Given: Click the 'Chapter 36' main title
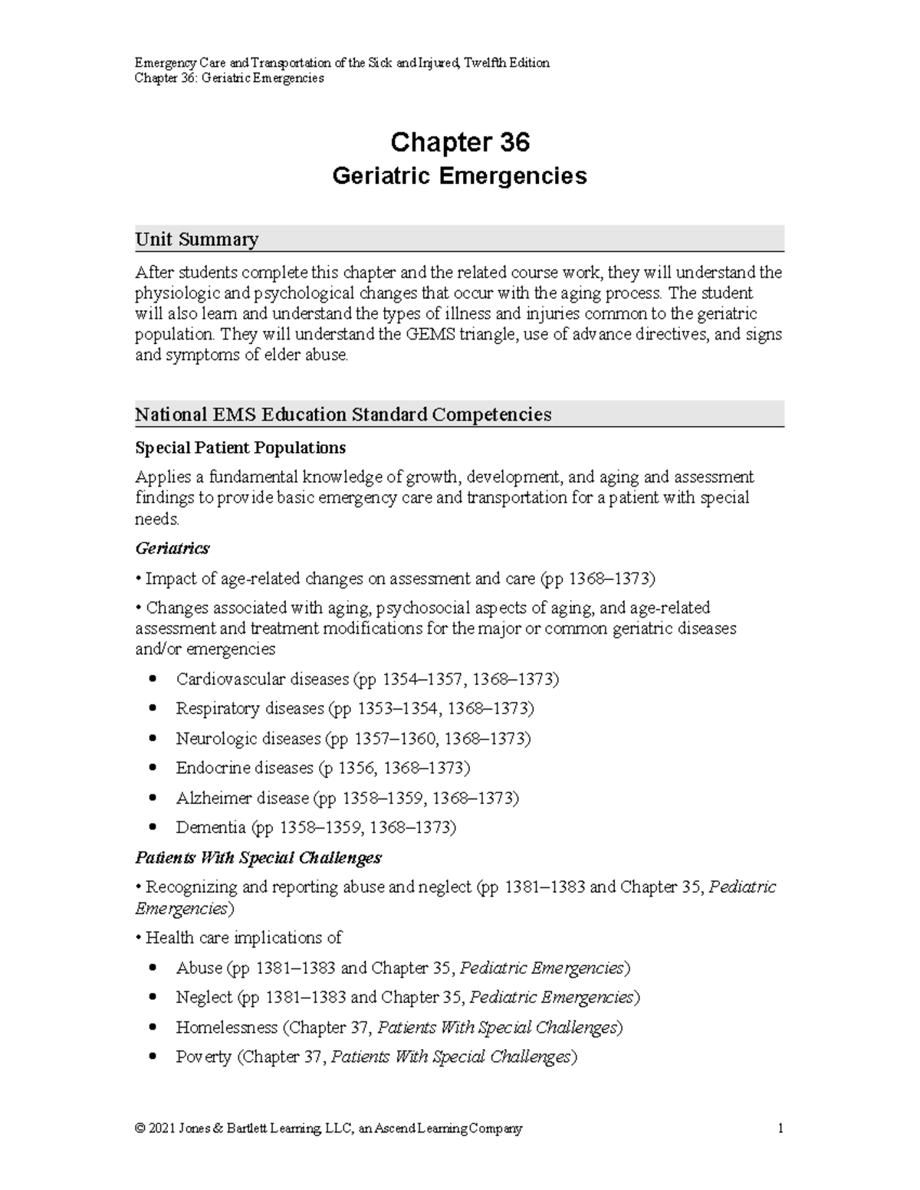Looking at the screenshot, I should [x=460, y=143].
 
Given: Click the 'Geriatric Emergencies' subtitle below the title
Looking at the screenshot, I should [x=459, y=176].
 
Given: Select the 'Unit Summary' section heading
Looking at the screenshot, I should [x=196, y=239].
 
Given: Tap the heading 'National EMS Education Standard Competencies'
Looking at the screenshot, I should [x=343, y=415].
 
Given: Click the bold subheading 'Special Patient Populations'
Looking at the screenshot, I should [x=240, y=447].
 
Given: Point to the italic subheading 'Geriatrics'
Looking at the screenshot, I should [x=172, y=549].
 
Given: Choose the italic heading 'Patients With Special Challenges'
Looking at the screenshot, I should [x=258, y=857].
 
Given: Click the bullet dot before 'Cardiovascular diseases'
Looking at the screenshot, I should [x=155, y=679].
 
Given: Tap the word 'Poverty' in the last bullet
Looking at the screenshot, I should [x=203, y=1057].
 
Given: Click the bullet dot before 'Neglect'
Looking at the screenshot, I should [x=155, y=998].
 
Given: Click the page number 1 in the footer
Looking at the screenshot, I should [x=780, y=1129].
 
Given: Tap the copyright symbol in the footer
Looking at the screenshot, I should [x=140, y=1129].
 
